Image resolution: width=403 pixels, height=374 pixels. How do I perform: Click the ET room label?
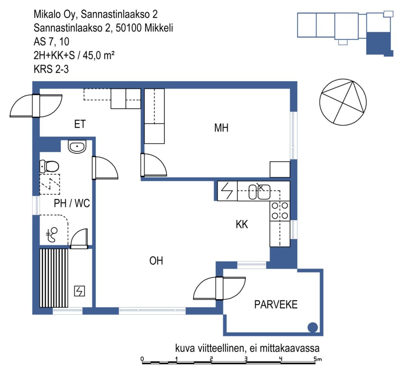pos(79,124)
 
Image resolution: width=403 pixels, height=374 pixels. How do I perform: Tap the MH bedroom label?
pos(221,128)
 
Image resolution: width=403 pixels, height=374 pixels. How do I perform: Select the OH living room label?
pos(156,261)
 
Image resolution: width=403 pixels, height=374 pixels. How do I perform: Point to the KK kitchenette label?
pos(242,224)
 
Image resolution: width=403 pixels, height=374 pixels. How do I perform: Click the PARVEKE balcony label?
pos(276,305)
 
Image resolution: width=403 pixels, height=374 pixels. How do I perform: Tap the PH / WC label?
pos(72,203)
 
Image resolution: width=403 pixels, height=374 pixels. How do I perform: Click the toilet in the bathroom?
pos(49,166)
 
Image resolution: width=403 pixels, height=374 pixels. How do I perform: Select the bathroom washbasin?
pos(77,147)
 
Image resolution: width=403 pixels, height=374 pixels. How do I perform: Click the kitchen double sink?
pos(260,192)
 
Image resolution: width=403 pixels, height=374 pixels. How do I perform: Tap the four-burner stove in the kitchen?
pos(280,211)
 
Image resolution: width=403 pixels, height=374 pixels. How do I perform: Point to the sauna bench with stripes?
pos(54,278)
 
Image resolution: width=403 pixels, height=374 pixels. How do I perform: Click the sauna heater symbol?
pos(79,291)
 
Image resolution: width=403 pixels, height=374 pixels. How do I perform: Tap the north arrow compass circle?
pos(343,102)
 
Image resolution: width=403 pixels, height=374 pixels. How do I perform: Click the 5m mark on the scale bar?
pos(318,359)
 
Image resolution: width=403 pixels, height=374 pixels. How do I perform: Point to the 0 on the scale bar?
pos(142,359)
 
